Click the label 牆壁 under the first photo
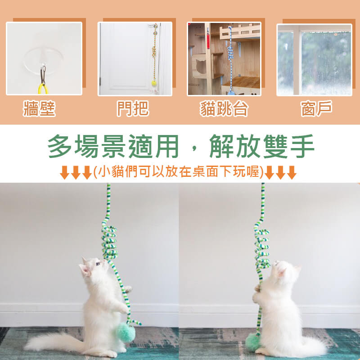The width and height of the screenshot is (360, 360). coord(39,108)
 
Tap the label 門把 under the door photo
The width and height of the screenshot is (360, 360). coord(133,108)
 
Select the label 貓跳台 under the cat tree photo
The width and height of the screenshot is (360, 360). coord(224,108)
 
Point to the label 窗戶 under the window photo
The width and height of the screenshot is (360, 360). coord(316,108)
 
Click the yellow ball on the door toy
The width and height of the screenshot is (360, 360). coord(154,83)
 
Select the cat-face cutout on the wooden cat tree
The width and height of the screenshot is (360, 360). coord(201,66)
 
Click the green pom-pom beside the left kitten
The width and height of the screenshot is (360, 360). coord(126,333)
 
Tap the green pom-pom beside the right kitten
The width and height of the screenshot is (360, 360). coord(253,342)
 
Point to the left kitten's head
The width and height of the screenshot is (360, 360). coord(93,267)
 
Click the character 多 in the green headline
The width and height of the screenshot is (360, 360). coord(60,146)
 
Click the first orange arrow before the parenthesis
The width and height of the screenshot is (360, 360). coord(64,172)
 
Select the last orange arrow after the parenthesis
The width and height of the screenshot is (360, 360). coord(292,172)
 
